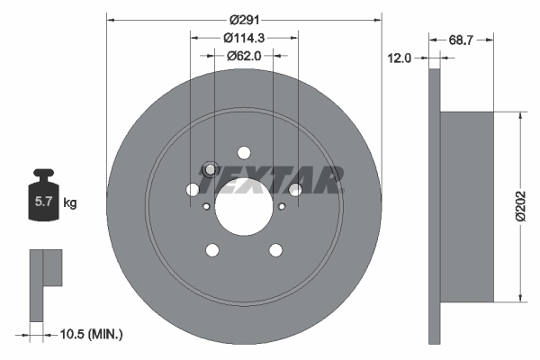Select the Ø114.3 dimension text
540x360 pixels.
click(x=244, y=38)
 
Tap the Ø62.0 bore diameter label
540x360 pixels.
click(x=244, y=56)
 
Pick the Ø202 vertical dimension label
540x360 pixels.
click(x=521, y=207)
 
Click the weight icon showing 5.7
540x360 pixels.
click(x=42, y=201)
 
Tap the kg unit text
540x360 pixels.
click(x=69, y=203)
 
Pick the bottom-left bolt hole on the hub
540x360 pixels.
click(x=212, y=249)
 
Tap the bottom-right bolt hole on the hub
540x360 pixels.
click(x=275, y=249)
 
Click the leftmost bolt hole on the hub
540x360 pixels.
click(x=193, y=190)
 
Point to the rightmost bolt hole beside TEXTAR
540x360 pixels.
click(x=295, y=189)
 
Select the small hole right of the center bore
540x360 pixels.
click(x=282, y=207)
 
